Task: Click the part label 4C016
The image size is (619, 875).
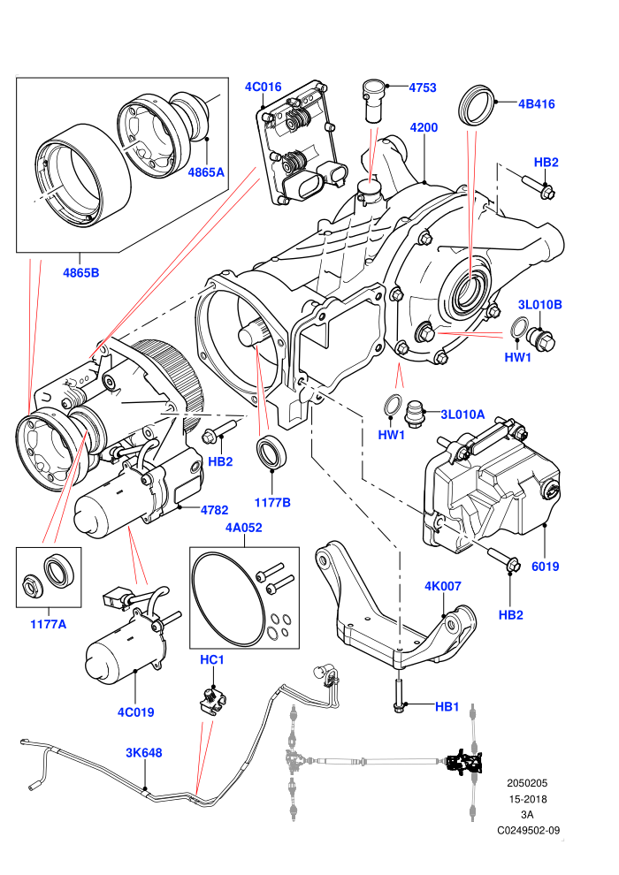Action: tap(263, 87)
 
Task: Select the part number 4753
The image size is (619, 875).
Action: tap(423, 87)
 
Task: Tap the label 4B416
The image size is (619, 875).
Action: tap(537, 103)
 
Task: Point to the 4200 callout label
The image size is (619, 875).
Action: tap(424, 127)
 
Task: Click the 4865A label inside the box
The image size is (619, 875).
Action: tap(206, 172)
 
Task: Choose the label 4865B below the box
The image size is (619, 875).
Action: tap(81, 273)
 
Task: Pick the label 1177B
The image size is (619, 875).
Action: tap(272, 503)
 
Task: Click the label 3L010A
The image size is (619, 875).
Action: tap(462, 415)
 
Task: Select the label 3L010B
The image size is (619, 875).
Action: tap(539, 305)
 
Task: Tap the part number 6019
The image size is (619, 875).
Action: tap(546, 567)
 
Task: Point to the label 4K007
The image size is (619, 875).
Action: tap(443, 587)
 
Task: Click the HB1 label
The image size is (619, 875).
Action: tap(447, 707)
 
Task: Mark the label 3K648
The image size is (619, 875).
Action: tap(143, 753)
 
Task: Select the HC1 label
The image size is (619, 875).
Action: tap(212, 660)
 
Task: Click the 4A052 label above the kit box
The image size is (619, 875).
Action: tap(244, 528)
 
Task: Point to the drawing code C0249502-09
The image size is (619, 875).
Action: tap(528, 830)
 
